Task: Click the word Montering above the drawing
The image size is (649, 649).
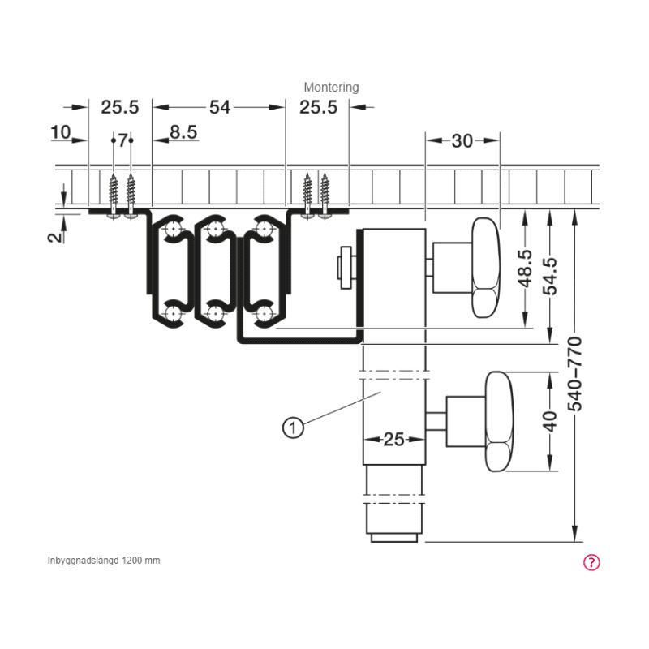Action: [x=331, y=88]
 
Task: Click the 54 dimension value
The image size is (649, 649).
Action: [x=219, y=107]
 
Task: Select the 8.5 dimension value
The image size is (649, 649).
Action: [x=183, y=132]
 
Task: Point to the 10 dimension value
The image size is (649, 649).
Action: [x=60, y=132]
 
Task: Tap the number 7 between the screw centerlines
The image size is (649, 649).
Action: [x=122, y=140]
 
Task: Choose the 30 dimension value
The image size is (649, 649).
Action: [x=462, y=141]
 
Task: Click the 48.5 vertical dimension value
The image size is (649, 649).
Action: [x=525, y=269]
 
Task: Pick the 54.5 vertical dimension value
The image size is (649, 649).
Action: [x=550, y=276]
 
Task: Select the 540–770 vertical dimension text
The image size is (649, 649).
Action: [x=574, y=374]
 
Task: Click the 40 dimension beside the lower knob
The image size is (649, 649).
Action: [x=550, y=421]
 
